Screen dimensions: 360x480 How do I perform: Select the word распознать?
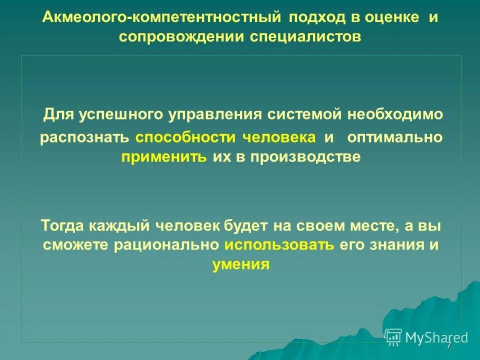pos(85,137)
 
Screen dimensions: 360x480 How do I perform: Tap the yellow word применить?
pos(163,157)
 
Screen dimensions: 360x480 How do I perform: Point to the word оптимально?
pos(394,137)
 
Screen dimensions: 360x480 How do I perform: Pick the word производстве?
pos(305,157)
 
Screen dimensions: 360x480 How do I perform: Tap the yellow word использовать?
pos(279,245)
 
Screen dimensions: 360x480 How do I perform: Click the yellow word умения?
pos(241,264)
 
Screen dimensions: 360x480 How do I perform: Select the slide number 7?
pos(449,345)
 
